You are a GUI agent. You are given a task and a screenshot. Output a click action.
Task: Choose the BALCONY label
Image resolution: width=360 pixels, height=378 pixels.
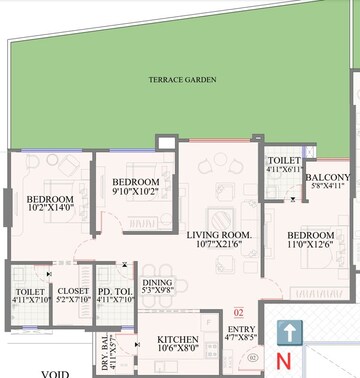(327, 177)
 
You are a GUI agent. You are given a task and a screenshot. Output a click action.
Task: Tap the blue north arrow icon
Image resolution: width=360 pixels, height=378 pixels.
(288, 306)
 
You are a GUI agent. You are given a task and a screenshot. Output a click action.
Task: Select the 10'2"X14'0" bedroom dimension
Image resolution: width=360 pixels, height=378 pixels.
(48, 210)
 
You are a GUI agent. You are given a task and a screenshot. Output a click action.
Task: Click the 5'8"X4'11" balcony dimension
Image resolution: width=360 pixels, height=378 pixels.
(327, 186)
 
